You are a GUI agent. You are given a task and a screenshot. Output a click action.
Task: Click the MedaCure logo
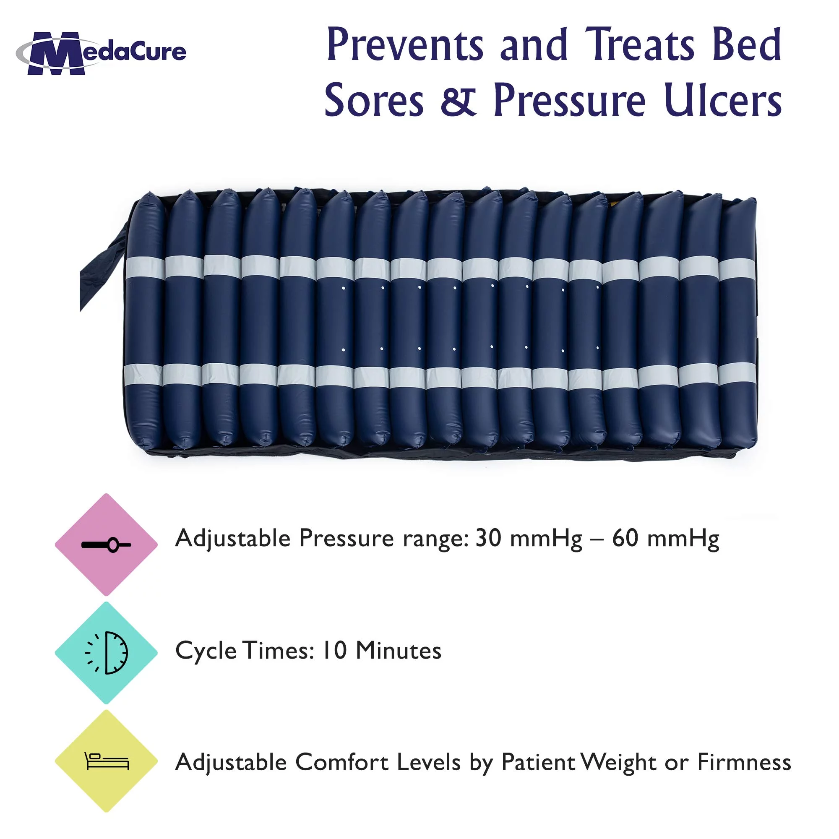101,53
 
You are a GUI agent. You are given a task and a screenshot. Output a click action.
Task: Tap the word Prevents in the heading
405,45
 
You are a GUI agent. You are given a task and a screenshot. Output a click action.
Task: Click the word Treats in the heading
640,45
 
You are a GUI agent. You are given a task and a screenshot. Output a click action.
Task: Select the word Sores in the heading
374,101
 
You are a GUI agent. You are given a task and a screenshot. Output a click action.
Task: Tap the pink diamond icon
106,545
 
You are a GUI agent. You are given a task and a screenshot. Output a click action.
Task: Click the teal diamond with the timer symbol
106,653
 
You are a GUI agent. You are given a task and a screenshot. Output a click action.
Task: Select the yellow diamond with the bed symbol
106,761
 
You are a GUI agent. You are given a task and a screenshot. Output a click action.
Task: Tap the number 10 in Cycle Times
334,651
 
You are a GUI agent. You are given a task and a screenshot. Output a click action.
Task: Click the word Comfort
342,762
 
